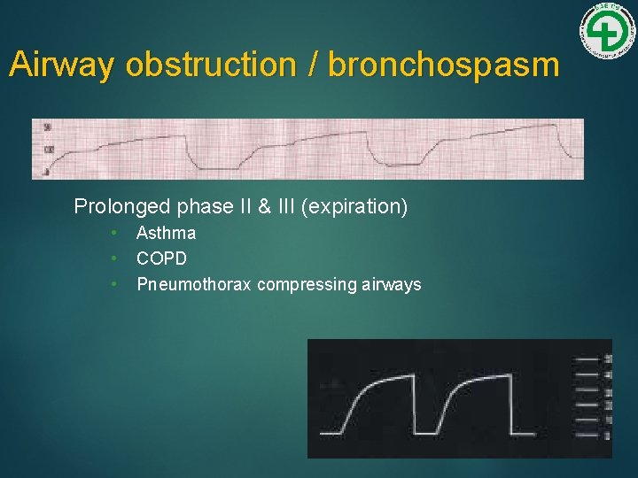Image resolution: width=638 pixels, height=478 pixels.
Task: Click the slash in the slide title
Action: (315, 66)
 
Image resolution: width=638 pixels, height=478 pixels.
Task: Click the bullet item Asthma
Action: (166, 234)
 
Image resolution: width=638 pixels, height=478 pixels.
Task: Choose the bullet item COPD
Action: (162, 258)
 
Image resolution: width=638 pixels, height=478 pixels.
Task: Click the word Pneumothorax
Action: (194, 284)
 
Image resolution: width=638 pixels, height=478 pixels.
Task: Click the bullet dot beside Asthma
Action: (114, 234)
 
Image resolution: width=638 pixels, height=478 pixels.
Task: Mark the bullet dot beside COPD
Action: (114, 258)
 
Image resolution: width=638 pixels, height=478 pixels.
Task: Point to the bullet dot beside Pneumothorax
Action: (114, 284)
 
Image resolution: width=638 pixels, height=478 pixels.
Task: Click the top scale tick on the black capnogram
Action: (587, 359)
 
